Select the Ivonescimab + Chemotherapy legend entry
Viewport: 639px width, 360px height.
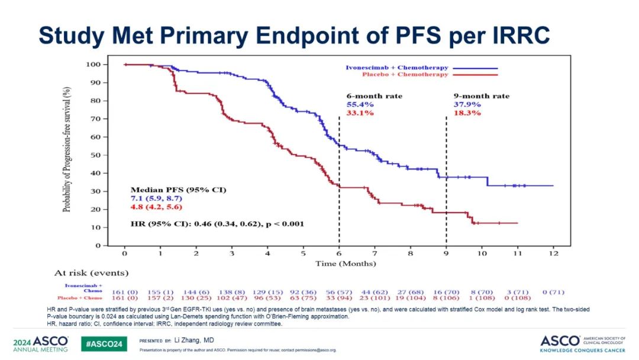point(396,68)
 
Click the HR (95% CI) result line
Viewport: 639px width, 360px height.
point(217,224)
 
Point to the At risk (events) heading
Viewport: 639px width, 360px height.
point(92,274)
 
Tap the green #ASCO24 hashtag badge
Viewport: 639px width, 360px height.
point(105,344)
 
